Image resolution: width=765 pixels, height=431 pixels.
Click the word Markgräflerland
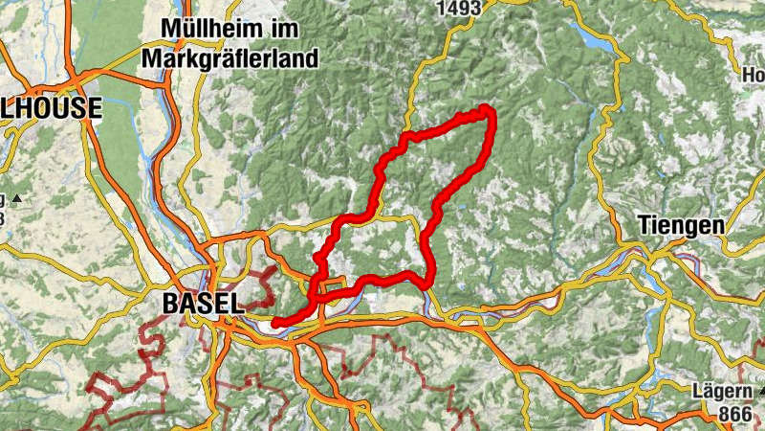229,58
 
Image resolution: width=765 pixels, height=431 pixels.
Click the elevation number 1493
453,8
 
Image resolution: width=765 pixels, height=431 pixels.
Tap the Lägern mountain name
722,392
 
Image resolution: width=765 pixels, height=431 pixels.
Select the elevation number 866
734,415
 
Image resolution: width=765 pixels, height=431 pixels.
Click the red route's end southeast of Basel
275,324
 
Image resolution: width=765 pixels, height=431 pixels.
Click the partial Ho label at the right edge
754,74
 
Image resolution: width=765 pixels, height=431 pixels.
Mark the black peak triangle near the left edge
16,198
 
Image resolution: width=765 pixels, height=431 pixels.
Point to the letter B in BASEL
172,303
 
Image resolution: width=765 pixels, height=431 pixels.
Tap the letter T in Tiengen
642,226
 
